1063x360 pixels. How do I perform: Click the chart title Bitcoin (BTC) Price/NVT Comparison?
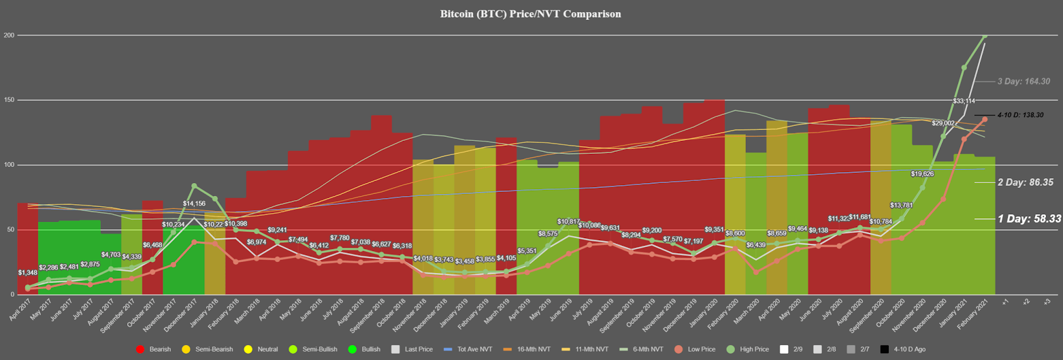point(531,14)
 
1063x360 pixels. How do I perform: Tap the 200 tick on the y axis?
point(9,35)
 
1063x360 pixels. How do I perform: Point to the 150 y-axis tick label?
point(9,100)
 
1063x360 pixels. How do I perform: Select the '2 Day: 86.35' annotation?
point(1020,182)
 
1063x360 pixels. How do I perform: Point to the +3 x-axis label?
point(1046,300)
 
